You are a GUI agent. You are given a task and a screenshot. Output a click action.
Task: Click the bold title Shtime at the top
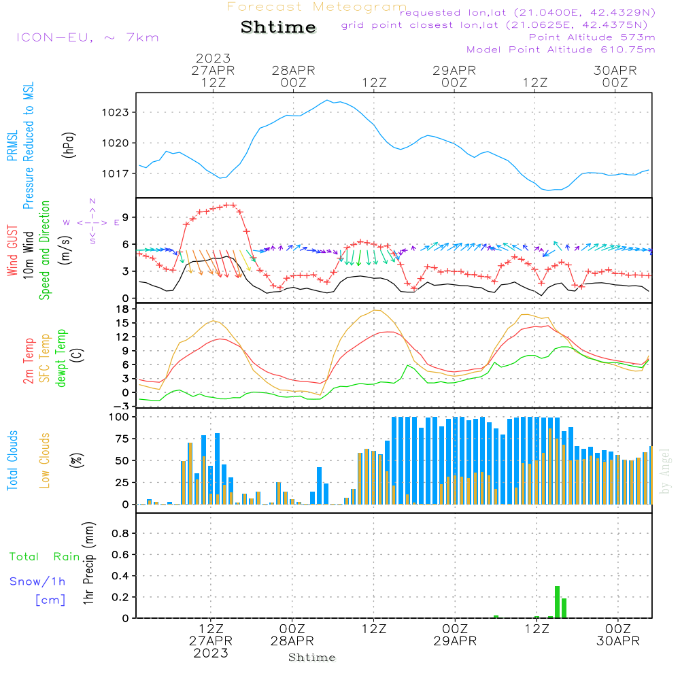[278, 27]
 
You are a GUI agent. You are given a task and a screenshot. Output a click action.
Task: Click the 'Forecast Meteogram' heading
[317, 7]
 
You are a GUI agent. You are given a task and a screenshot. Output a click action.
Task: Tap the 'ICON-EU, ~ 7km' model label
[88, 37]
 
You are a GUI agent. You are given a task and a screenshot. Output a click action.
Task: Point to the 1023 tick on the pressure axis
[116, 113]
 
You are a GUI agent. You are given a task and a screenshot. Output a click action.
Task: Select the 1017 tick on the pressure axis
[116, 174]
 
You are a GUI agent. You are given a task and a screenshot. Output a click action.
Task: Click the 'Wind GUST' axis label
[12, 251]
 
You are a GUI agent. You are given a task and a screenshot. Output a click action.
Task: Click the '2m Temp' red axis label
[29, 361]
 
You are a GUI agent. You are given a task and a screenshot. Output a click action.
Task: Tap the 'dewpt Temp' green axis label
[61, 358]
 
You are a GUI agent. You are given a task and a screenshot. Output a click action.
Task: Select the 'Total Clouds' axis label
[12, 460]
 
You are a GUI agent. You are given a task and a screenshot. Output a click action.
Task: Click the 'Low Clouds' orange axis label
[45, 460]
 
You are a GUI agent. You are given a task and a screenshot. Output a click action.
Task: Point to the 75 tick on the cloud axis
[122, 439]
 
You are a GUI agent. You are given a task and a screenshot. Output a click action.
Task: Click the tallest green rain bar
[558, 602]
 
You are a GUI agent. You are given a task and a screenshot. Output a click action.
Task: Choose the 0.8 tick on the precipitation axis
[120, 533]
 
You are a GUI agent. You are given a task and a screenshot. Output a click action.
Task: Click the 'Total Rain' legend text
[45, 557]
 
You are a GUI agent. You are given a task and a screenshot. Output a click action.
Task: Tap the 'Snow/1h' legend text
[37, 581]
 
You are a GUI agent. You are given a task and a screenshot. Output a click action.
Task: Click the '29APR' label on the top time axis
[454, 71]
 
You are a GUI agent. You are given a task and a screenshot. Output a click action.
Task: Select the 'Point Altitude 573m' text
[592, 37]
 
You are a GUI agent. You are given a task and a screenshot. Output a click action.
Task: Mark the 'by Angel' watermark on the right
[665, 471]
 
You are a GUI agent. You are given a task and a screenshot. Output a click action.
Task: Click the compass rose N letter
[92, 201]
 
